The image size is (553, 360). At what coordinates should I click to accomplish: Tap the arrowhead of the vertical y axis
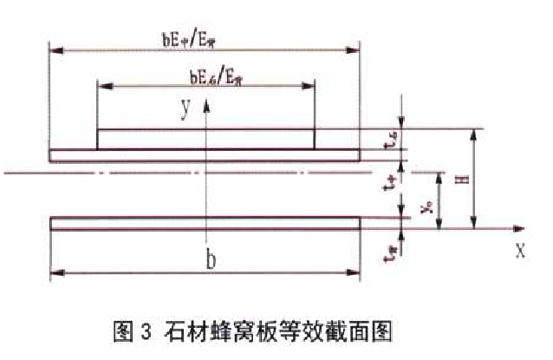pyautogui.click(x=205, y=104)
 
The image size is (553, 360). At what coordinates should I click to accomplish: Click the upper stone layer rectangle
pyautogui.click(x=205, y=140)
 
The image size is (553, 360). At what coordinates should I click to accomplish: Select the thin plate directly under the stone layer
pyautogui.click(x=205, y=155)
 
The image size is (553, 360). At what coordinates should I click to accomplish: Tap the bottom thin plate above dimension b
pyautogui.click(x=205, y=224)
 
